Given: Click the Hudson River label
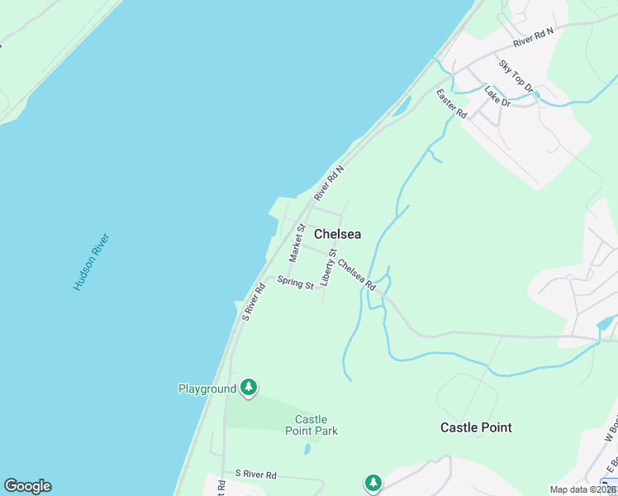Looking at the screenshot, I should [x=91, y=261].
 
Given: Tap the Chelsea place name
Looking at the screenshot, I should [x=337, y=234].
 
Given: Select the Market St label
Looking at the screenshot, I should [x=297, y=242].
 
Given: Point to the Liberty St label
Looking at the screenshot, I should [x=328, y=268].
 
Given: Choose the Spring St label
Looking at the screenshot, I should [x=295, y=283].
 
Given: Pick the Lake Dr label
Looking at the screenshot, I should [x=498, y=96].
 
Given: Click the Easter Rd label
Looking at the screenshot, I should [x=452, y=103].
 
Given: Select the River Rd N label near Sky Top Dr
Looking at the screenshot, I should [x=533, y=36].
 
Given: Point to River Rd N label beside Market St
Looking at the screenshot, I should [x=328, y=182].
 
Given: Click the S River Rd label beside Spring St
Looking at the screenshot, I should [x=253, y=302].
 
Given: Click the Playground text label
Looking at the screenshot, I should [x=207, y=388].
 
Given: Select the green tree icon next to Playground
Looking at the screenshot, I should [x=249, y=387].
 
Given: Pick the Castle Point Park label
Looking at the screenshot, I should [x=311, y=425].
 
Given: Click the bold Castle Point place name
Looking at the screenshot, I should [x=476, y=427].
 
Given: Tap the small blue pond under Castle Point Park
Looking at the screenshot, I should [x=307, y=449].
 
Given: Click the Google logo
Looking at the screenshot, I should [x=27, y=486].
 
